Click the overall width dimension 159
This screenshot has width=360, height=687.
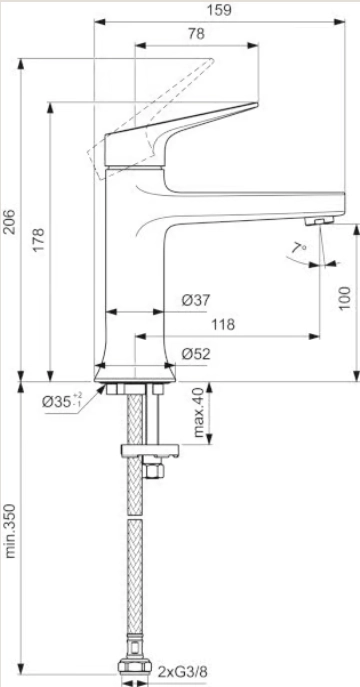[219, 10]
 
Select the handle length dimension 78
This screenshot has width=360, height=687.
[197, 34]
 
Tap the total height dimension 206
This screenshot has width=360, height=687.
[10, 222]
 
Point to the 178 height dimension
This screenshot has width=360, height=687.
[39, 240]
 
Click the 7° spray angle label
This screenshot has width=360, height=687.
[299, 248]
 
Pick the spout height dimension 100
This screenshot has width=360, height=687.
[345, 298]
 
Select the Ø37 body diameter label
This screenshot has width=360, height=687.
[196, 300]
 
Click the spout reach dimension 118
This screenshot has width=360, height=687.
[223, 325]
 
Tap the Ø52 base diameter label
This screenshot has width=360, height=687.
[196, 354]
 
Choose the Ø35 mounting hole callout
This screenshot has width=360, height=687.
[62, 400]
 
